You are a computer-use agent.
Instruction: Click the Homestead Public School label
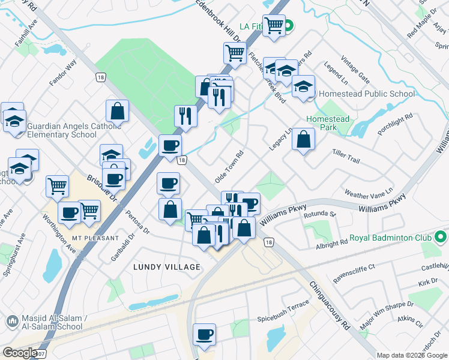[x=366, y=94]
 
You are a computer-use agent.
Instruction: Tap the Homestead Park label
[x=328, y=124]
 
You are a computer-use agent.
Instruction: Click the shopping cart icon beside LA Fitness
[x=274, y=26]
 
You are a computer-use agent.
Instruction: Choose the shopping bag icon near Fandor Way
[x=118, y=110]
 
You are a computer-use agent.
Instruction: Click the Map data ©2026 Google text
[x=411, y=355]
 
